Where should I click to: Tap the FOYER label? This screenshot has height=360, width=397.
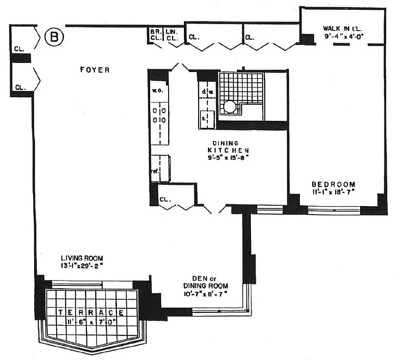[x=95, y=70]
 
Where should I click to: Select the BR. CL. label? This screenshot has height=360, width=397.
[x=156, y=35]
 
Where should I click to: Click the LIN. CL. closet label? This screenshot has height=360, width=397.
[x=171, y=35]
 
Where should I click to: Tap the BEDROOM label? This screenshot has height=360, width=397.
[x=334, y=184]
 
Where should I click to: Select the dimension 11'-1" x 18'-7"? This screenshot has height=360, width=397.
[x=334, y=192]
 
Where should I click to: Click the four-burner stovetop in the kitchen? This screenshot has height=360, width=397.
[x=160, y=115]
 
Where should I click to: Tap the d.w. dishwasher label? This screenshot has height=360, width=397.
[x=207, y=92]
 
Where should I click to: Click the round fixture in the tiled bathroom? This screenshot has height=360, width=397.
[x=230, y=106]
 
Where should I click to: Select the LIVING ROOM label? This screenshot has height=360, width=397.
[x=82, y=258]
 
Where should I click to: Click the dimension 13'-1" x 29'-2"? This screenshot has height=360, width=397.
[x=82, y=265]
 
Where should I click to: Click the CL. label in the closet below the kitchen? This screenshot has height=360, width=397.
[x=165, y=198]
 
